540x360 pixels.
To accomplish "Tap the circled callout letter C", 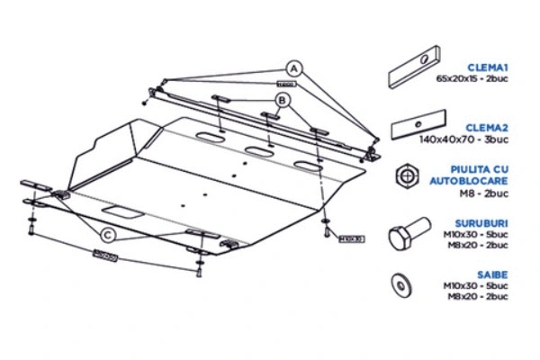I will pyautogui.click(x=108, y=236).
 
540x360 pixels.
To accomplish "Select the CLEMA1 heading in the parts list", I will pyautogui.click(x=487, y=67).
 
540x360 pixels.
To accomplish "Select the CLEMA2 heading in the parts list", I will pyautogui.click(x=487, y=129).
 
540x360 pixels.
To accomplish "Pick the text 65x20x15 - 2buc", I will pyautogui.click(x=472, y=78).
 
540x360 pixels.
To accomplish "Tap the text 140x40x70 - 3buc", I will pyautogui.click(x=475, y=139).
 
